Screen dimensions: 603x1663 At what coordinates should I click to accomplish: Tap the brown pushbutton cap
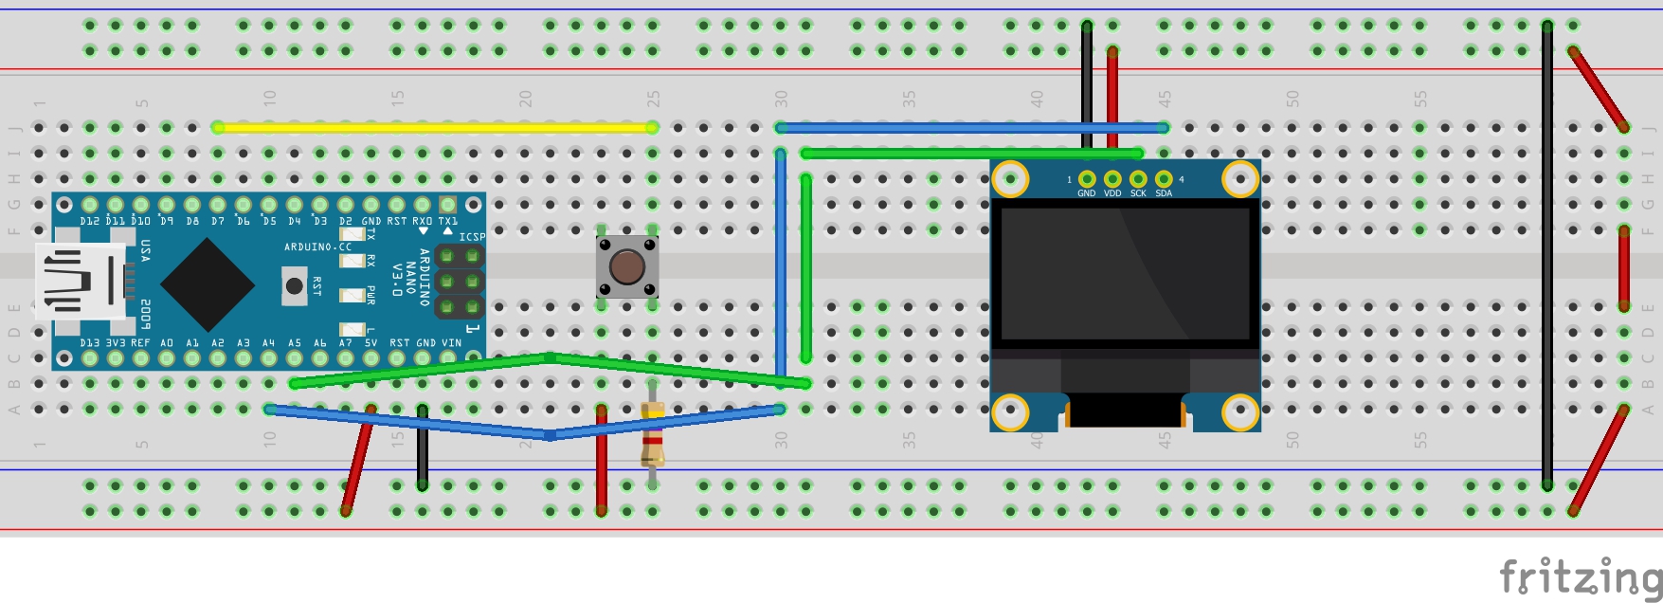tap(626, 267)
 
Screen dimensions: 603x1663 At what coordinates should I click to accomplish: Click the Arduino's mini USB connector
tap(81, 281)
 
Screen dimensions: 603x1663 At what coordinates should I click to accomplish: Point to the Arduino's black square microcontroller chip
tap(208, 283)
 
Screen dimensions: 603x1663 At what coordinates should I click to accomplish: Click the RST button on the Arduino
tap(295, 285)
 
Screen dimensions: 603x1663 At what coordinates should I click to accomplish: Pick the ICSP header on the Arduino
tap(460, 282)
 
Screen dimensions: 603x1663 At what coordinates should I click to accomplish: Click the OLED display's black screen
tap(1125, 273)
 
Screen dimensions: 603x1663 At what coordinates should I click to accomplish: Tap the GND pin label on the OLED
tap(1086, 193)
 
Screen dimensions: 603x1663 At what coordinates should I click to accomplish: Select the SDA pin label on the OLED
tap(1164, 193)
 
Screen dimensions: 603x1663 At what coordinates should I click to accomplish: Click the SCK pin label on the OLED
tap(1138, 193)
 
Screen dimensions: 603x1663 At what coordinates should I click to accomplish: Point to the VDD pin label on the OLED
tap(1112, 193)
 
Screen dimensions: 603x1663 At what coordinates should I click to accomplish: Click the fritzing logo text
tap(1580, 576)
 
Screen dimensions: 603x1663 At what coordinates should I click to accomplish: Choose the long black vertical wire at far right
tap(1547, 256)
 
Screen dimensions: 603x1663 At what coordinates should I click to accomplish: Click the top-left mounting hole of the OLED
tap(1010, 177)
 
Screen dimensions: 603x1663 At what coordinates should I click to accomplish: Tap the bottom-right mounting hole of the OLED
tap(1239, 411)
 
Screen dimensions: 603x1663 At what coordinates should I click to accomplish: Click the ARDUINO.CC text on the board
tap(317, 247)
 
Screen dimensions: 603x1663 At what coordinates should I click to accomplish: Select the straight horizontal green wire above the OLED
tap(971, 153)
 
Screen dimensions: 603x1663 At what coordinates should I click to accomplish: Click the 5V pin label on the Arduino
tap(371, 343)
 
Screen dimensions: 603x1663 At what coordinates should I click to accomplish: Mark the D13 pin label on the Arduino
tap(90, 343)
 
